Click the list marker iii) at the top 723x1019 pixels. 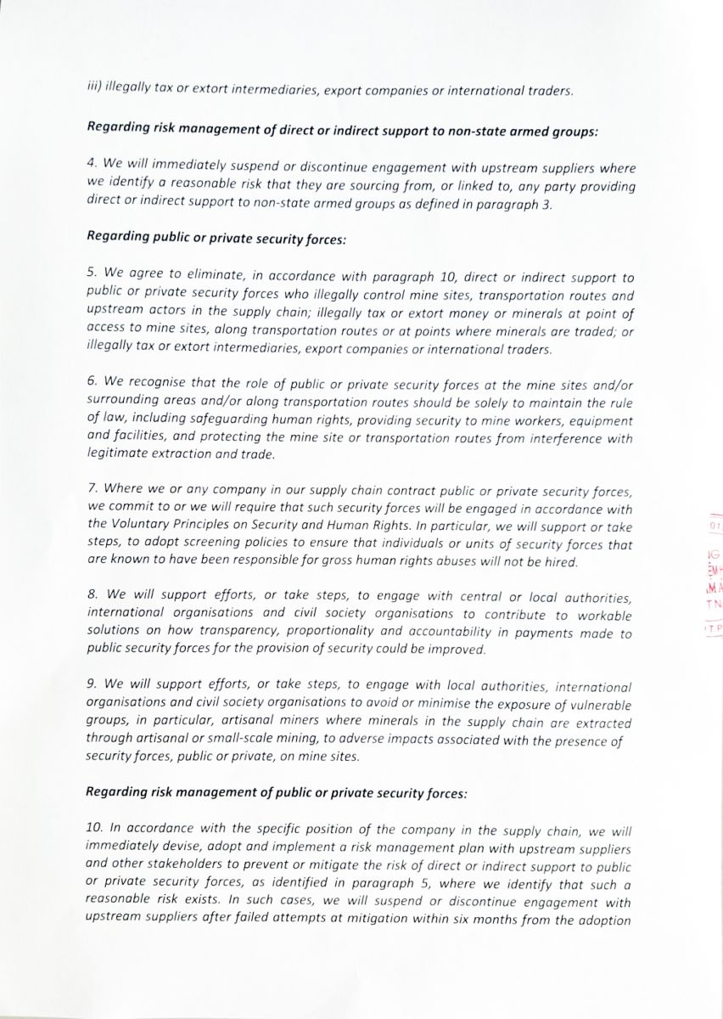click(93, 86)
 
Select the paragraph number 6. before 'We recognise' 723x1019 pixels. click(92, 384)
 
